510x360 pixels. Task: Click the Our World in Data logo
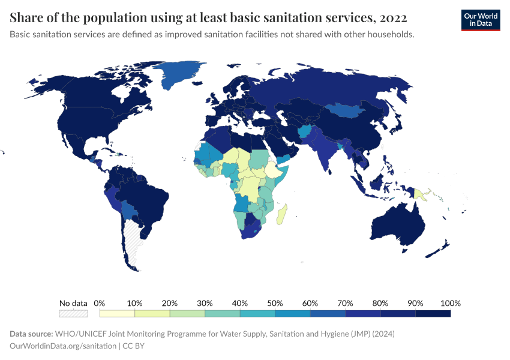coord(480,19)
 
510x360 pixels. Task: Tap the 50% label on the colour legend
coord(275,302)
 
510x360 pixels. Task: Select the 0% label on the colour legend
coord(100,302)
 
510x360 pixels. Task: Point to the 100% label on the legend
coord(450,302)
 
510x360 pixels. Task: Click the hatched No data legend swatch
coord(73,313)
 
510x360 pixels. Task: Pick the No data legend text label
coord(73,302)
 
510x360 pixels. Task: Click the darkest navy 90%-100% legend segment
coord(433,313)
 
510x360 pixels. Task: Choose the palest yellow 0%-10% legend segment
coord(117,313)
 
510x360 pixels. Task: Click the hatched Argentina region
coord(133,240)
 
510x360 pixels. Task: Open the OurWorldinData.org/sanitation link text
coord(64,346)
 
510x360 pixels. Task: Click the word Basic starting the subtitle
coord(21,34)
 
